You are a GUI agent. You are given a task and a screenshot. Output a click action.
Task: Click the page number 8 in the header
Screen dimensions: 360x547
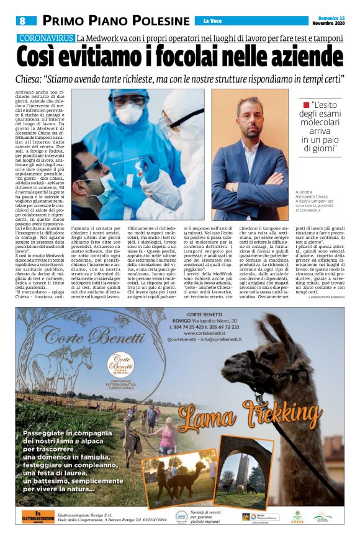point(22,20)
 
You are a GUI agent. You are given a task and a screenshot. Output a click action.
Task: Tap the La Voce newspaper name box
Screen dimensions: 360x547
point(215,21)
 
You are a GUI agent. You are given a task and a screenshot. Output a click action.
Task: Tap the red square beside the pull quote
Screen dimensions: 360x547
point(305,105)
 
